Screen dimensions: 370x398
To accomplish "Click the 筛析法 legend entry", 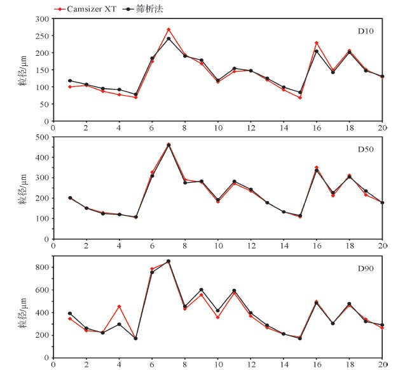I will pos(142,9).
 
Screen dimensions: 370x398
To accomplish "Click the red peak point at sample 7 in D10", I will pos(168,29).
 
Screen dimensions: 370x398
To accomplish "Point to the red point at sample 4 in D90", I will pos(119,307).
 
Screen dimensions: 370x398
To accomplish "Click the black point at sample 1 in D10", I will pos(69,81).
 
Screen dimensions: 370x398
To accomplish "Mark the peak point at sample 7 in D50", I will pos(168,145).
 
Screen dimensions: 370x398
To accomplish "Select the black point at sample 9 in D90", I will pos(202,289).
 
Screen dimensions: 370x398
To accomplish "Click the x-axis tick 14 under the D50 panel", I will pos(284,246).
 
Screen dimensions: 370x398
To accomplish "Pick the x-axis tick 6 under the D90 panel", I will pos(152,364).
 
